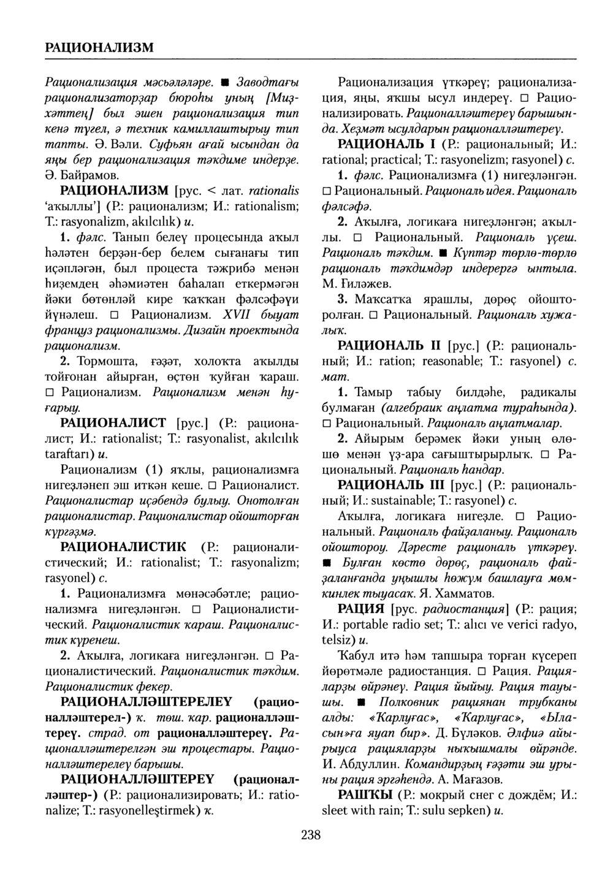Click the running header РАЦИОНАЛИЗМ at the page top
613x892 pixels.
click(100, 47)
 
